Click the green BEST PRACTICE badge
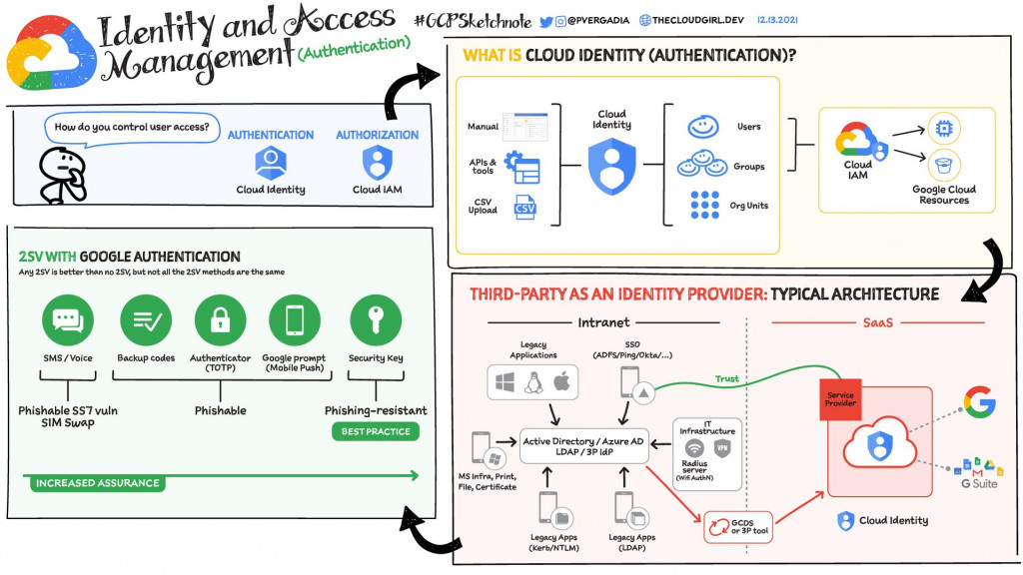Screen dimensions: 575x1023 pyautogui.click(x=376, y=432)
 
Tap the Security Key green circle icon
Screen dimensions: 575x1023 pyautogui.click(x=375, y=320)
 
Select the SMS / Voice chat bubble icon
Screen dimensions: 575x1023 pyautogui.click(x=68, y=320)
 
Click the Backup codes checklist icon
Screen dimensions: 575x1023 pyautogui.click(x=147, y=320)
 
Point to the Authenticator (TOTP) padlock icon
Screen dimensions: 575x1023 pyautogui.click(x=220, y=320)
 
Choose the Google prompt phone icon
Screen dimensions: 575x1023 pyautogui.click(x=294, y=320)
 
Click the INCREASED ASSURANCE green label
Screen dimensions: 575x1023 pyautogui.click(x=97, y=483)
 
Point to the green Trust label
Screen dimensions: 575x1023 pyautogui.click(x=727, y=378)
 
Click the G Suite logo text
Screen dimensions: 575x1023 pyautogui.click(x=979, y=483)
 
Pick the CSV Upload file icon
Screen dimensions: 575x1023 pyautogui.click(x=524, y=209)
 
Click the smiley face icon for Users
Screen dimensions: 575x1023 pyautogui.click(x=703, y=127)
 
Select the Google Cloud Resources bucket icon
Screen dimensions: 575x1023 pyautogui.click(x=942, y=165)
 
